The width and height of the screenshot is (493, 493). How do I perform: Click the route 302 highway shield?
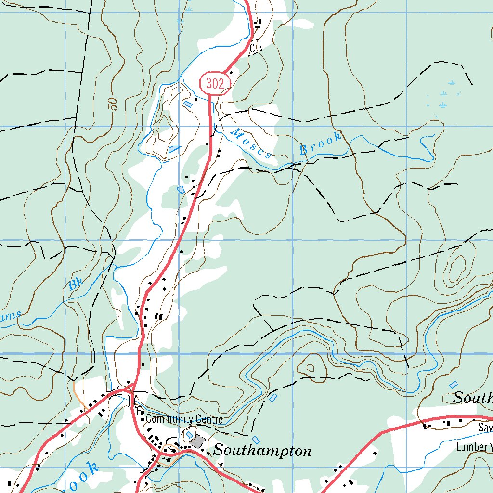point(214,84)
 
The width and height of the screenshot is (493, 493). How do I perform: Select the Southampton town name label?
point(262,451)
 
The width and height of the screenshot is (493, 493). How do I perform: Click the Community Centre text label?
point(184,419)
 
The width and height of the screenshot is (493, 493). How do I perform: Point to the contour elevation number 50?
point(113,104)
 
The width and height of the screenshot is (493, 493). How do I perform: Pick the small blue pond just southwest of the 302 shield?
point(188,104)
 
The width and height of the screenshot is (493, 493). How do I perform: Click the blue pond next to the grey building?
point(189,434)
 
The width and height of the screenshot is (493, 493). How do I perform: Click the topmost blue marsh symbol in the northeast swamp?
point(452,83)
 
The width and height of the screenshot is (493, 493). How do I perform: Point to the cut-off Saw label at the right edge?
point(485,428)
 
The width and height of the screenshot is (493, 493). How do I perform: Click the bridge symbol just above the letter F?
point(131,400)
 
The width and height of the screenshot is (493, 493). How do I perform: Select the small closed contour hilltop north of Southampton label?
point(310,367)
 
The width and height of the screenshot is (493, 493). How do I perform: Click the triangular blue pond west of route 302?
point(174,150)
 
